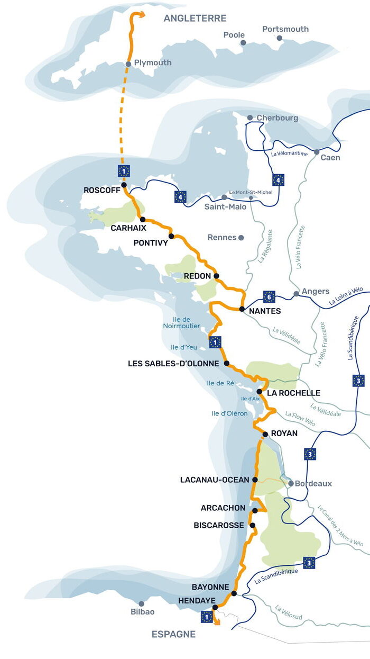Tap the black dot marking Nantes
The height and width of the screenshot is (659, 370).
coord(242,309)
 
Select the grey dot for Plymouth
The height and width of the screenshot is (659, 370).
coord(128,64)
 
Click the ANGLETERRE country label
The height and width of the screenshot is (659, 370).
coord(195,19)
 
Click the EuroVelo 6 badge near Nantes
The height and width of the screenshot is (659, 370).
coord(269,296)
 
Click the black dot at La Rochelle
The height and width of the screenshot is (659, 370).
coord(260,392)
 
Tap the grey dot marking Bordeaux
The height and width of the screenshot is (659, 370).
coord(290,483)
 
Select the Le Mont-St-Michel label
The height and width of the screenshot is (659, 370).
coord(251,192)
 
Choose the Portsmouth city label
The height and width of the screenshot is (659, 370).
coord(285,29)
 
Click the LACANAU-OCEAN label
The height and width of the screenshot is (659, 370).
coord(214,480)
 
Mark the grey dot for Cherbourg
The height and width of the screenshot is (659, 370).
coord(250,118)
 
